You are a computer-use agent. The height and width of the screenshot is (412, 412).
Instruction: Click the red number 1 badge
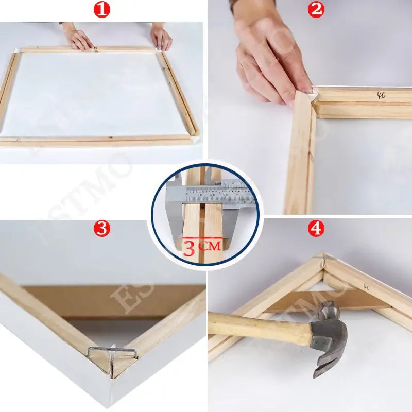pyautogui.click(x=102, y=10)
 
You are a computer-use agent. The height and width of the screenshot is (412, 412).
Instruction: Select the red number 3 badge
pyautogui.click(x=102, y=229)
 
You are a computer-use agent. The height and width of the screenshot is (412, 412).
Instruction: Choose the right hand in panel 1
pyautogui.click(x=161, y=38)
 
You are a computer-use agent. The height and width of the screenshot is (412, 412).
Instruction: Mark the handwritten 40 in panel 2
pyautogui.click(x=381, y=95)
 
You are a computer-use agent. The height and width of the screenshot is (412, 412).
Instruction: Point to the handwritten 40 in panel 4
pyautogui.click(x=367, y=286)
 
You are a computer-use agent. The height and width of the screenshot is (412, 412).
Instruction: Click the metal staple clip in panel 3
pyautogui.click(x=112, y=354)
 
